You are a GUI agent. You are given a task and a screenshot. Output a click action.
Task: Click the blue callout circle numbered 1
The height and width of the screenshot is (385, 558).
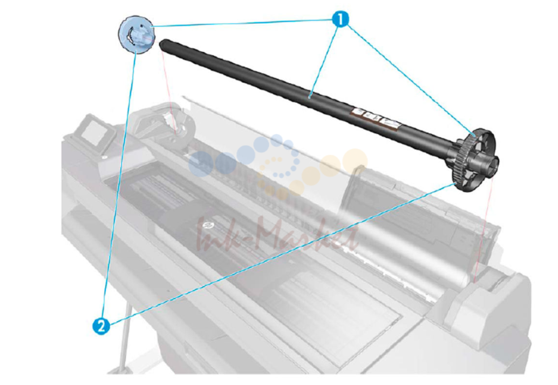340,19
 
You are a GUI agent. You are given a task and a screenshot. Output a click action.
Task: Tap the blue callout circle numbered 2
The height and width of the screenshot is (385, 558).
101,326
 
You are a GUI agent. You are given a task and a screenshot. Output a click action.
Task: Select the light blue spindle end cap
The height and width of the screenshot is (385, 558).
137,35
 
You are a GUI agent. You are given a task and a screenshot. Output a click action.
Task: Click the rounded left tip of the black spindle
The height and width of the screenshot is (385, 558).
164,44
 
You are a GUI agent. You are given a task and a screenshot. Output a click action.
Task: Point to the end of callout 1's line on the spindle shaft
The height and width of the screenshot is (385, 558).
310,96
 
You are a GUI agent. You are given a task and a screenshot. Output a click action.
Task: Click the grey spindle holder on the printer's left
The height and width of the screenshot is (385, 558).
161,123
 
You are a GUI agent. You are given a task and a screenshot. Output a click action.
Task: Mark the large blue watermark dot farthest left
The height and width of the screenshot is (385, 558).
201,164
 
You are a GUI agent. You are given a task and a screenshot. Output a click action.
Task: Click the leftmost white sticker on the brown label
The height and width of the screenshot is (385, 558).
360,112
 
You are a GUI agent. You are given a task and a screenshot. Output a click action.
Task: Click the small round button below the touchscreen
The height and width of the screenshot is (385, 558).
104,157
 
